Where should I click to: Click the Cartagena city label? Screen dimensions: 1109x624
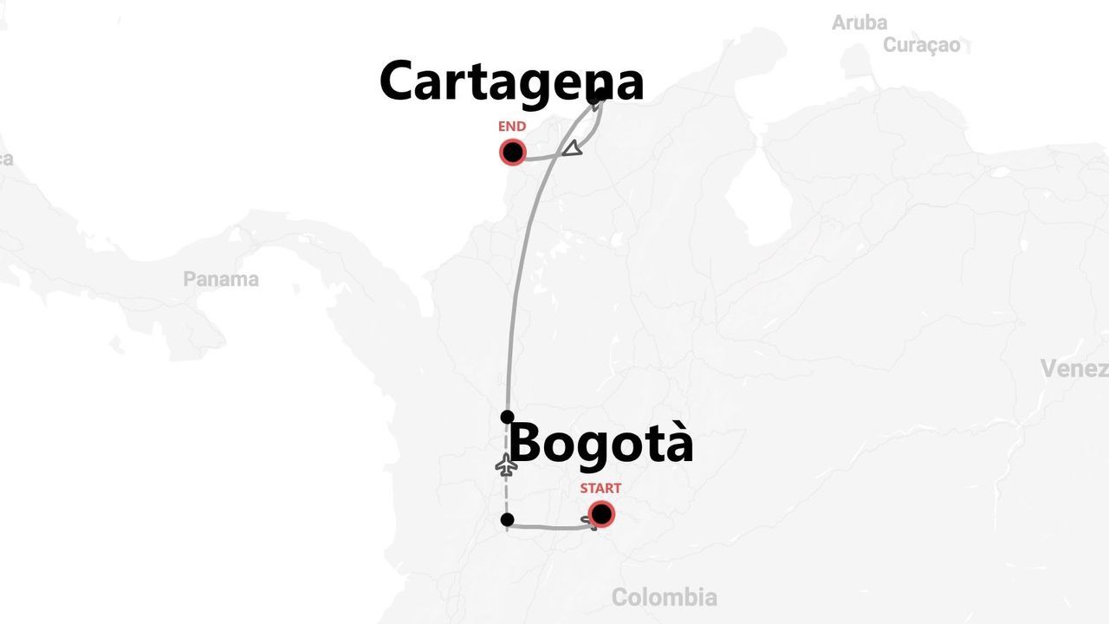click(x=511, y=82)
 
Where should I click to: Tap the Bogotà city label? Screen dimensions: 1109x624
click(x=600, y=443)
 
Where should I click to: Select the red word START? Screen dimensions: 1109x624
click(x=600, y=488)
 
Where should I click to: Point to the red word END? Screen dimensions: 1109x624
click(x=512, y=127)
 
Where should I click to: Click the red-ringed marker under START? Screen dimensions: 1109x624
click(x=601, y=515)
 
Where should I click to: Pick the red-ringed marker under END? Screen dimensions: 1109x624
click(x=513, y=153)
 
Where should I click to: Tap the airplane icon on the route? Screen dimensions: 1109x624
click(x=507, y=465)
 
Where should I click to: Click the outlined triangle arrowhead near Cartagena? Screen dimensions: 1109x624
click(x=572, y=149)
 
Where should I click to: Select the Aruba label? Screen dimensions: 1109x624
click(x=859, y=23)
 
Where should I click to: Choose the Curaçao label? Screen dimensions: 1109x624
click(x=922, y=45)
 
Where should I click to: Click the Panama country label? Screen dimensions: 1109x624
click(x=221, y=279)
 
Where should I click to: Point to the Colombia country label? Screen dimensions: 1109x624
click(x=664, y=597)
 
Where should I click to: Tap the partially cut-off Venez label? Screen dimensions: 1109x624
click(x=1074, y=368)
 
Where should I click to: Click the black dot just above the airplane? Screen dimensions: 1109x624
click(x=508, y=417)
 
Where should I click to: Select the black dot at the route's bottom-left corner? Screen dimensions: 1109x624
click(x=508, y=520)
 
